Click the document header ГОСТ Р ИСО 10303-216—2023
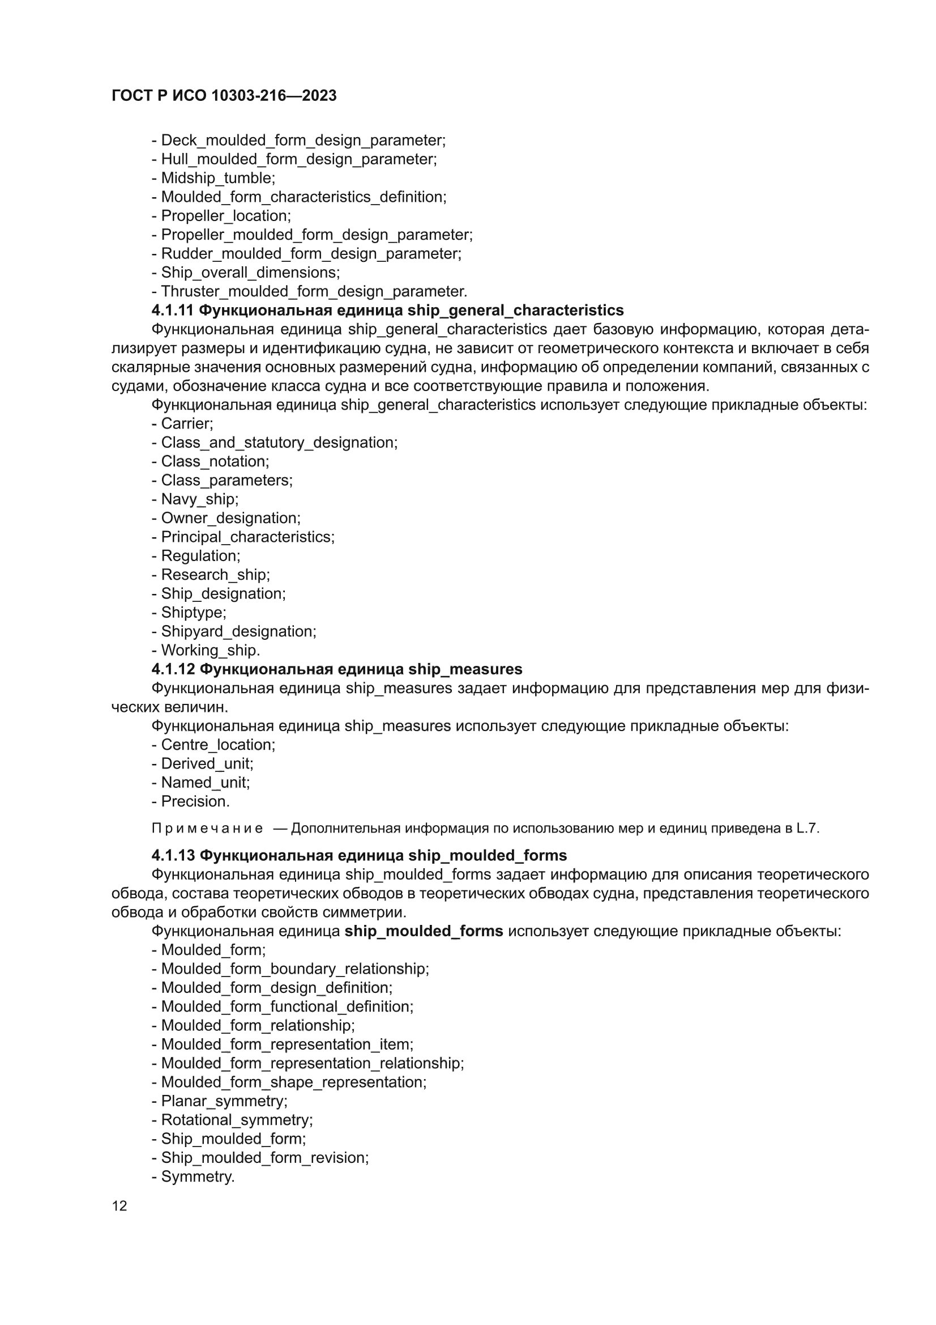click(224, 95)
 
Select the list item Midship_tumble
click(217, 178)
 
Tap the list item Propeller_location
click(225, 216)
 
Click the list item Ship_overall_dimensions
click(250, 273)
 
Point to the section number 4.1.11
click(172, 311)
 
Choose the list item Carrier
click(186, 423)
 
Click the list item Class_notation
click(215, 462)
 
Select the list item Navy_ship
click(199, 499)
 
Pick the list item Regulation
click(200, 556)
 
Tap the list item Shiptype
click(193, 612)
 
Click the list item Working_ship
click(210, 651)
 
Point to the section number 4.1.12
click(172, 669)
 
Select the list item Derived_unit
click(207, 763)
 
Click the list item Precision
click(195, 801)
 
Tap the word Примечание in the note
click(207, 829)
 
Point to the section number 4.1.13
click(172, 855)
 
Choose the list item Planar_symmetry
click(223, 1101)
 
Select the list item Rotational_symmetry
click(236, 1120)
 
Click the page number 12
click(119, 1206)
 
